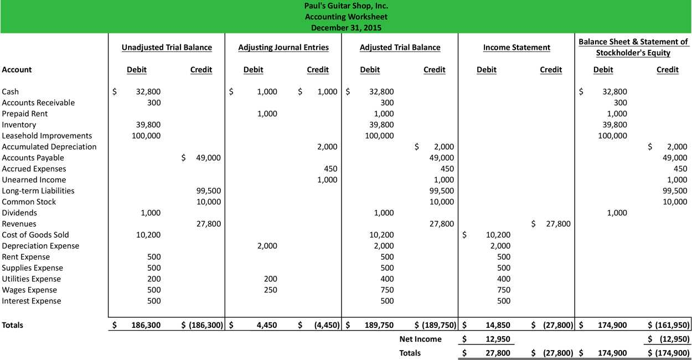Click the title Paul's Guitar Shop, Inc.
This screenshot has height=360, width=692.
pyautogui.click(x=346, y=6)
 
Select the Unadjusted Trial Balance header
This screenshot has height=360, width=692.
pyautogui.click(x=167, y=48)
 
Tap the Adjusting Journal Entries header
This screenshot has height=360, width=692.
pyautogui.click(x=283, y=48)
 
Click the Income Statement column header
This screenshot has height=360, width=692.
pyautogui.click(x=517, y=48)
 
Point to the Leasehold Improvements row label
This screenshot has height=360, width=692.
pyautogui.click(x=47, y=136)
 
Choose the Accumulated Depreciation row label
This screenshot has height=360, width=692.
pyautogui.click(x=49, y=147)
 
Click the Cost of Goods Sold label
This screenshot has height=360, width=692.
pyautogui.click(x=35, y=235)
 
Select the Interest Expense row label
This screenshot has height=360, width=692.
pyautogui.click(x=32, y=301)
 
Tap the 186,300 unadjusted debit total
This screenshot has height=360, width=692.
pyautogui.click(x=146, y=326)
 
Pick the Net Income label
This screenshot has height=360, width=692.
pyautogui.click(x=420, y=339)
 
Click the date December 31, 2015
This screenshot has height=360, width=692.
pyautogui.click(x=346, y=27)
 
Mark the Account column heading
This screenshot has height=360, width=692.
pyautogui.click(x=17, y=70)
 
